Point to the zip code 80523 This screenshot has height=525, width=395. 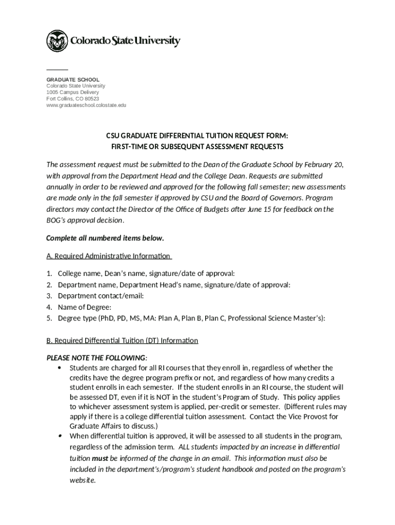(x=92, y=99)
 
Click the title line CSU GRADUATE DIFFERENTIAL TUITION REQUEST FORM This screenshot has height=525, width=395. (x=197, y=136)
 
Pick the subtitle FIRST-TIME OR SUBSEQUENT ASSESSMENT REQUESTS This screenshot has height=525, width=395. (x=197, y=147)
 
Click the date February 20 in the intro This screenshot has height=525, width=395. (x=326, y=165)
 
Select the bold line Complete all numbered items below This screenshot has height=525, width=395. (x=105, y=238)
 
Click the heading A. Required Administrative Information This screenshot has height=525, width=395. (x=108, y=256)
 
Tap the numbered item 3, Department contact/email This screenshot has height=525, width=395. (x=101, y=296)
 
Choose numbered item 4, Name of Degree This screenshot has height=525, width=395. (x=85, y=307)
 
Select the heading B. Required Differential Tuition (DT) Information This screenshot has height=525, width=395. (x=122, y=340)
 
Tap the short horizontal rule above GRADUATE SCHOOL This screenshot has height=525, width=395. (x=57, y=69)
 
